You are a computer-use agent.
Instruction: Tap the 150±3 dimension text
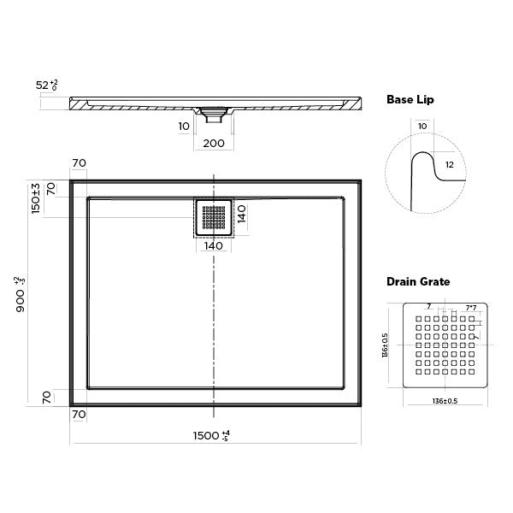(35, 199)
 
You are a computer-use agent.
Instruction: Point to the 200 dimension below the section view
(214, 143)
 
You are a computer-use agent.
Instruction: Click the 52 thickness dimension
(44, 85)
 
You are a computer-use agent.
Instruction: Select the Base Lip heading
(410, 100)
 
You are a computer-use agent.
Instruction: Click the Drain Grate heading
(418, 280)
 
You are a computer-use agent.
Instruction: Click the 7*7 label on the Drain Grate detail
(471, 306)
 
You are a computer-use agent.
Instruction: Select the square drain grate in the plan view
(213, 217)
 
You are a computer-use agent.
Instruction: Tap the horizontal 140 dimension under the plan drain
(213, 246)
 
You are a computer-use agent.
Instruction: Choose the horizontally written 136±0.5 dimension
(441, 398)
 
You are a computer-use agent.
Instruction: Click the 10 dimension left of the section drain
(184, 126)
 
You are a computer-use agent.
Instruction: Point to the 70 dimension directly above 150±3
(80, 162)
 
